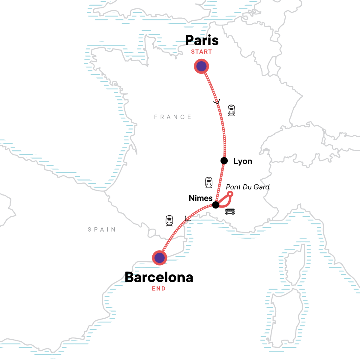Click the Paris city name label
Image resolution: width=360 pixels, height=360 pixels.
pyautogui.click(x=202, y=40)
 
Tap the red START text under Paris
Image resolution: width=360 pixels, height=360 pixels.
pyautogui.click(x=202, y=52)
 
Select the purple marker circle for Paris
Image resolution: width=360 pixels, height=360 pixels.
pyautogui.click(x=202, y=66)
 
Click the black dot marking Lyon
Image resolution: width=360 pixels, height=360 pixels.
pyautogui.click(x=224, y=161)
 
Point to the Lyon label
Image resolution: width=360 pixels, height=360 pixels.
pyautogui.click(x=243, y=161)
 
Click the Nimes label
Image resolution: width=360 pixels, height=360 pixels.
pyautogui.click(x=201, y=198)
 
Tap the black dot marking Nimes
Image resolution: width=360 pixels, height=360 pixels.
pyautogui.click(x=216, y=205)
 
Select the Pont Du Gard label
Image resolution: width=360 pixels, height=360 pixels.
pyautogui.click(x=247, y=187)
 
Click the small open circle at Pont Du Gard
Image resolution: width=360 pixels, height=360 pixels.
pyautogui.click(x=230, y=194)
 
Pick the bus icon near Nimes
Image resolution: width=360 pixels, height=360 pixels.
pyautogui.click(x=230, y=211)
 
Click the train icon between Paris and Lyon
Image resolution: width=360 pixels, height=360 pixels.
pyautogui.click(x=231, y=110)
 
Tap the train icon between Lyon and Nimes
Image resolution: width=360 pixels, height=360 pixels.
pyautogui.click(x=209, y=182)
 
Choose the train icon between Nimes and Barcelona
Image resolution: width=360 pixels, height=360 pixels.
pyautogui.click(x=169, y=220)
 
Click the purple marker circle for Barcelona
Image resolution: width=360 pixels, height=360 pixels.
pyautogui.click(x=159, y=258)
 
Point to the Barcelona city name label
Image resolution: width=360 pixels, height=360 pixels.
pyautogui.click(x=159, y=277)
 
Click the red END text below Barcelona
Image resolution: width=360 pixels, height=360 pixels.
pyautogui.click(x=159, y=289)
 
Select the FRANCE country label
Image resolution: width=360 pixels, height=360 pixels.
pyautogui.click(x=173, y=117)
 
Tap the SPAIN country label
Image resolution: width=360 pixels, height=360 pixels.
pyautogui.click(x=102, y=229)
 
